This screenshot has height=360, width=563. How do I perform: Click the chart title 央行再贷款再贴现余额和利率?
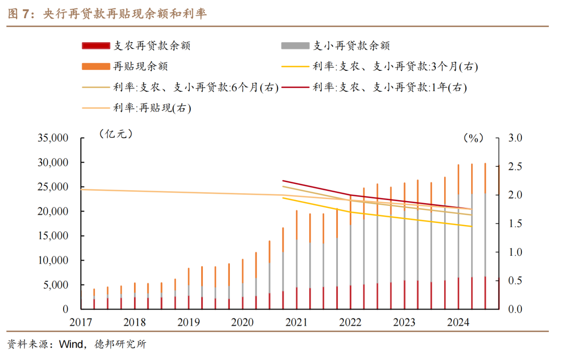click(x=125, y=14)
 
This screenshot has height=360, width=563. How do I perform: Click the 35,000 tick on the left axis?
click(x=53, y=139)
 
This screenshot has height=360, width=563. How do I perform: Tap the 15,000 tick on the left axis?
click(x=53, y=236)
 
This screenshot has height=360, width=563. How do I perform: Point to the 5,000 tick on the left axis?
click(x=56, y=285)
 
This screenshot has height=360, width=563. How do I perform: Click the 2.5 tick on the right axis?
click(x=508, y=167)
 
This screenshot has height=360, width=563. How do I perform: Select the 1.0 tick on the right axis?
click(x=508, y=253)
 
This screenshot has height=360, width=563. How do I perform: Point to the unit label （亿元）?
click(x=116, y=134)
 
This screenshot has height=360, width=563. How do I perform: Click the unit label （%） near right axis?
click(x=473, y=138)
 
